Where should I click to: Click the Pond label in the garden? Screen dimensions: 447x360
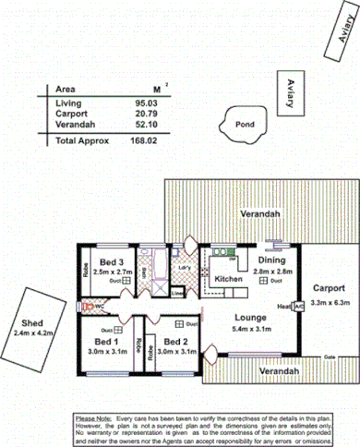pos(245,125)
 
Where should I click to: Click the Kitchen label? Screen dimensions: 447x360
pos(228,278)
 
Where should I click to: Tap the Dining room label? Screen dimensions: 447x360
pos(271,261)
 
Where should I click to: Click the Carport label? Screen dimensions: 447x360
pos(327,286)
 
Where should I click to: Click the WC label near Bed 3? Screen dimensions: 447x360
pos(99,306)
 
